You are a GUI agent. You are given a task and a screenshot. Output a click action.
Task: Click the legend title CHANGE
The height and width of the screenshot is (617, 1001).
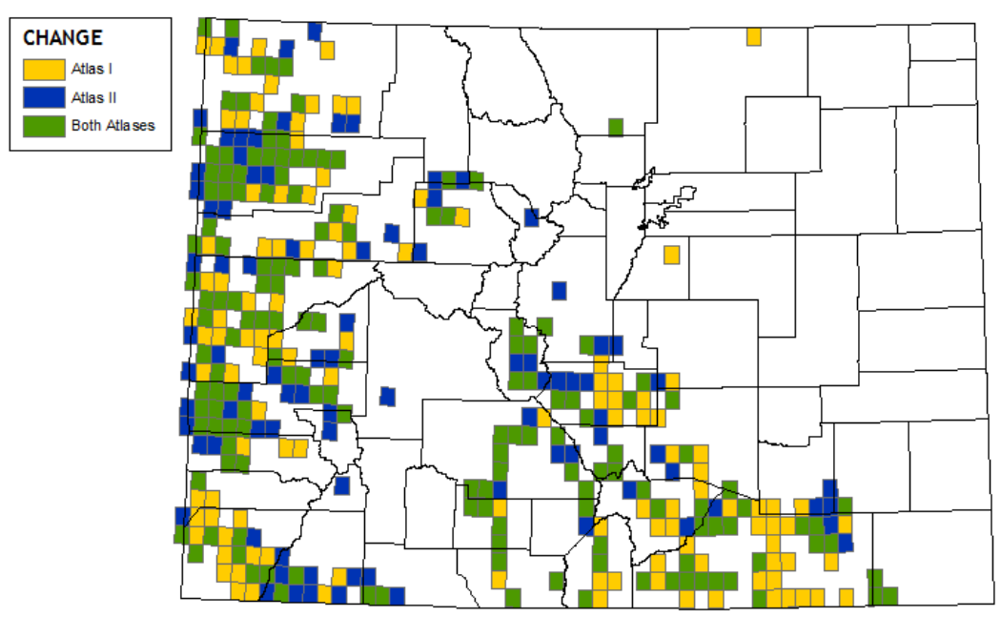pos(63,38)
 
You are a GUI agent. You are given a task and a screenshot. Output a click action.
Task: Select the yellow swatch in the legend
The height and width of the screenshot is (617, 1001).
pos(42,69)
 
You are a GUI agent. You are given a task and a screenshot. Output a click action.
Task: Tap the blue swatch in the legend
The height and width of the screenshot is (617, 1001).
pos(42,96)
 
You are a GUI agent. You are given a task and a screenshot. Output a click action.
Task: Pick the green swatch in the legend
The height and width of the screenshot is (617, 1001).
pos(42,125)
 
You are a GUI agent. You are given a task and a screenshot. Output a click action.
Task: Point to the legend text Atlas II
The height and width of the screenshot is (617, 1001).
pos(93,96)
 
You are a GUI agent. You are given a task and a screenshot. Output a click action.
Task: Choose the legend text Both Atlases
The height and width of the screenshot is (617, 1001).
pos(112,125)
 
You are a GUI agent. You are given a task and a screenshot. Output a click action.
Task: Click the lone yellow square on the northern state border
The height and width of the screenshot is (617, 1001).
pos(753,36)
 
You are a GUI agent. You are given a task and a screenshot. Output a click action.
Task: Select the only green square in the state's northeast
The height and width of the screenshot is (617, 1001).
pos(616,127)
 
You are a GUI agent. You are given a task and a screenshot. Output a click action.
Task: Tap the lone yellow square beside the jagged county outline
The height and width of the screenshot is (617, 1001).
pos(671,255)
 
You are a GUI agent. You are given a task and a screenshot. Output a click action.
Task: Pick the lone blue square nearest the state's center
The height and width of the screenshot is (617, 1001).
pos(559,290)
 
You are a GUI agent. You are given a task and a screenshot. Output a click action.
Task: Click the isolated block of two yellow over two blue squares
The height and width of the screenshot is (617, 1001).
pos(346,113)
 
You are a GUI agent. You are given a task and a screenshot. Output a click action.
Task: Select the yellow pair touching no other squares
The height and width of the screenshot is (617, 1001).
pos(293,447)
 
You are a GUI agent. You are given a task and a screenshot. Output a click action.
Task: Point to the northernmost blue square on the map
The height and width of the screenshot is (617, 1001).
pos(315,31)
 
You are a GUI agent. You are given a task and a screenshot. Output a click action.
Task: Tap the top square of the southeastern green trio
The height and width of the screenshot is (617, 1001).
pos(874,578)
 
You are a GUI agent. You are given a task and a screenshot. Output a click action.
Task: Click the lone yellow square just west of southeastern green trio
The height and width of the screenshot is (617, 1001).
pos(846,596)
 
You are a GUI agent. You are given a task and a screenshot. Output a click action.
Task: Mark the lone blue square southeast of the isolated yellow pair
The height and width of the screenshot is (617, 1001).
pos(342,485)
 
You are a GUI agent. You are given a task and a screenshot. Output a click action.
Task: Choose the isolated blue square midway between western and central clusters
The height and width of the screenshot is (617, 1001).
pos(386,396)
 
